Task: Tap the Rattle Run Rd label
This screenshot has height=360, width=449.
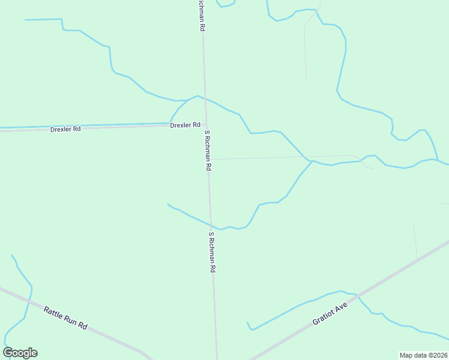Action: point(65,317)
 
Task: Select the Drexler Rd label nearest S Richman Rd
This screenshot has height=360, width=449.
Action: point(185,125)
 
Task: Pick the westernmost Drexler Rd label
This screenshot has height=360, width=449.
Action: point(65,129)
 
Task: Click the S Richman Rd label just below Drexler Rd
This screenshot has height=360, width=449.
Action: point(207,151)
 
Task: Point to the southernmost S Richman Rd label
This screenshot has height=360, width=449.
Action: point(211,253)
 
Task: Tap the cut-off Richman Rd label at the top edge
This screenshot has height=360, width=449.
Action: point(200,16)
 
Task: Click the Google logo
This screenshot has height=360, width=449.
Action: point(20,353)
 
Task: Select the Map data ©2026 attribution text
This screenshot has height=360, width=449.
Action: point(423,355)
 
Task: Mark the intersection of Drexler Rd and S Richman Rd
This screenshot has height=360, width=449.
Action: point(206,124)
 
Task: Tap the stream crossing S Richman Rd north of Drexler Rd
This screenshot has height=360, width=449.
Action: point(205,98)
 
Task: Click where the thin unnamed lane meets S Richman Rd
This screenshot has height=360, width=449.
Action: point(208,159)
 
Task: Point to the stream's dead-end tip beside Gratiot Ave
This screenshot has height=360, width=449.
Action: point(247,323)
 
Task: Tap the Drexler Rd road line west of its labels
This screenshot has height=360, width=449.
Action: point(24,128)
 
